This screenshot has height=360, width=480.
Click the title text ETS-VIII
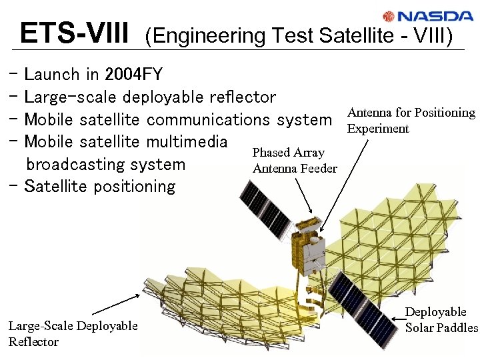pyautogui.click(x=74, y=32)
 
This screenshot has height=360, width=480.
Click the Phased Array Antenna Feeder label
pyautogui.click(x=295, y=161)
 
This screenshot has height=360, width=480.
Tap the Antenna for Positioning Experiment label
pyautogui.click(x=411, y=121)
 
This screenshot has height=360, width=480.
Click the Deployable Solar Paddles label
pyautogui.click(x=441, y=319)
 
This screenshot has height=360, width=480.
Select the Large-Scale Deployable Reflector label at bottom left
pyautogui.click(x=73, y=333)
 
